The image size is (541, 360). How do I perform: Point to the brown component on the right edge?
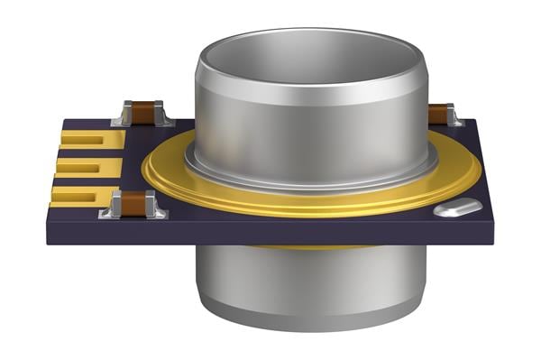tap(439, 114)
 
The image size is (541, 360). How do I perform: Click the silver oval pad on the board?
tap(457, 208)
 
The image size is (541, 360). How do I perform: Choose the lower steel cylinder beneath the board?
tap(307, 284)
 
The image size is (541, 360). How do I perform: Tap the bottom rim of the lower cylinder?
tap(307, 325)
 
